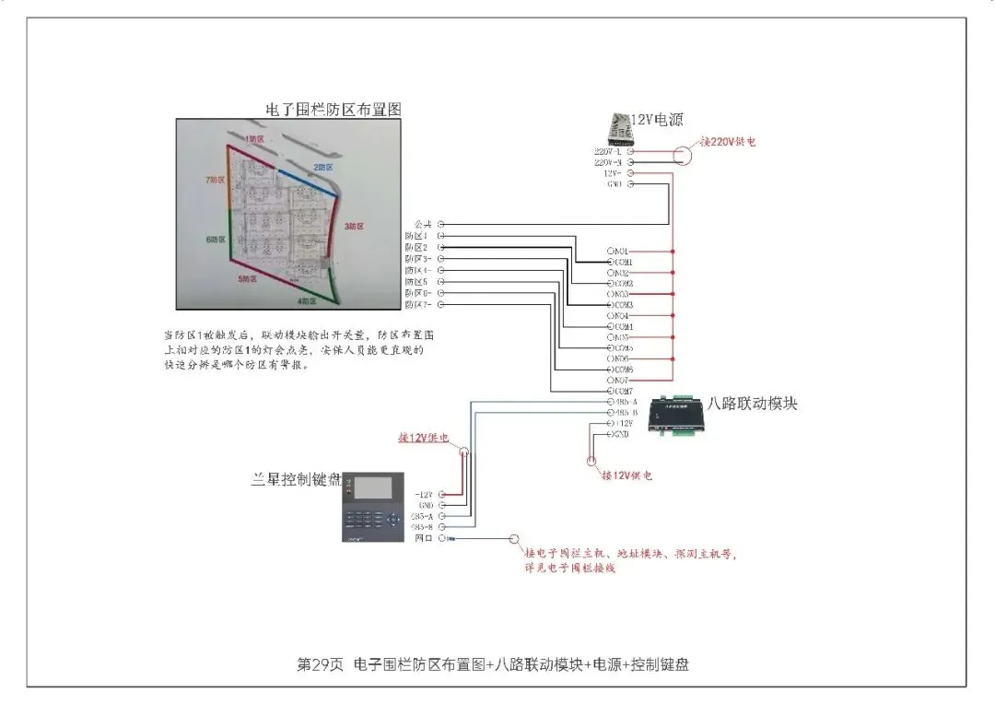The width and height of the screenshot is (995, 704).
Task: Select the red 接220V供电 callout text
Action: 728,142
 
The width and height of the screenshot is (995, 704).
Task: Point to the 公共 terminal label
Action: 423,224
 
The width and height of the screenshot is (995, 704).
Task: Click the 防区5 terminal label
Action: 417,282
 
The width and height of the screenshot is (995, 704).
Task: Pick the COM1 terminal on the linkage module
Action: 623,263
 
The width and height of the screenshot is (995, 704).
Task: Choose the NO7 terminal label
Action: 621,380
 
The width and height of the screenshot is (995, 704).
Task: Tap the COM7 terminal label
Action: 623,392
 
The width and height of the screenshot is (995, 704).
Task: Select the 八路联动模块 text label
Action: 752,403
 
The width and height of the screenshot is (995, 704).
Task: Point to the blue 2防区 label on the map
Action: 322,167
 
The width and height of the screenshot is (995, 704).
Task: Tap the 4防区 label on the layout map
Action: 307,301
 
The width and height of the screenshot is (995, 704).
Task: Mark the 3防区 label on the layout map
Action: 355,226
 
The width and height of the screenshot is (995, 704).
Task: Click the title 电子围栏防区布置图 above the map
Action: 334,109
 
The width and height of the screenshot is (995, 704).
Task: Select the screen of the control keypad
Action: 373,487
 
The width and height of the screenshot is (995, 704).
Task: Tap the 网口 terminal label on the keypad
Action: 424,537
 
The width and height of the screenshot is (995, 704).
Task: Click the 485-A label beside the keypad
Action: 422,516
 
